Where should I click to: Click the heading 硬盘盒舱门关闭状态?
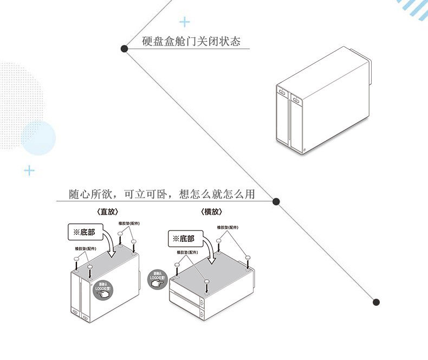191,41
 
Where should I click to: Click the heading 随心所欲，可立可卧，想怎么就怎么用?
161,194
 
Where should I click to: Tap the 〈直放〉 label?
107,212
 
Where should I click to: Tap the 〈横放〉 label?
211,212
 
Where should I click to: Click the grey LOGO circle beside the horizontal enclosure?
157,280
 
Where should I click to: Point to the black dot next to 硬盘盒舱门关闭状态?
125,49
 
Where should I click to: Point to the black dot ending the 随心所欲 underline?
276,202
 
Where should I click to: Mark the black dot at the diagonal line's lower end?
377,302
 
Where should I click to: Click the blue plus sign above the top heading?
185,22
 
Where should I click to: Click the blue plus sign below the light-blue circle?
29,171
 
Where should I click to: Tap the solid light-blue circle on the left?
38,138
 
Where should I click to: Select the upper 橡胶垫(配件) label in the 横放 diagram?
228,227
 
